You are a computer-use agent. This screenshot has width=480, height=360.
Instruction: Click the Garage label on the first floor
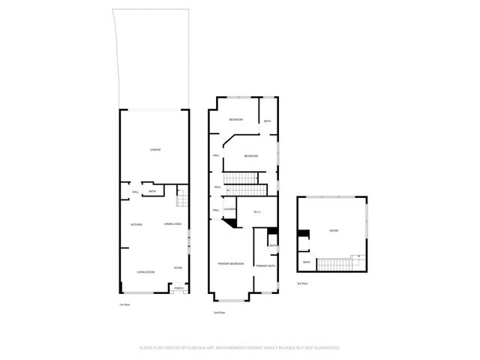point(155,150)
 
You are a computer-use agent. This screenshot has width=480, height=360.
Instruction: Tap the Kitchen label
point(136,225)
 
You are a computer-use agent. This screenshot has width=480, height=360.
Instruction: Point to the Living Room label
point(145,271)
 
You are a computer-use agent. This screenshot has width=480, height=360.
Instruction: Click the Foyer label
point(178,268)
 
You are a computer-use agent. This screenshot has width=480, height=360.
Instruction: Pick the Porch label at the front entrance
point(178,288)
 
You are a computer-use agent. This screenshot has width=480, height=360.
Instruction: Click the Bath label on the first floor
point(152,192)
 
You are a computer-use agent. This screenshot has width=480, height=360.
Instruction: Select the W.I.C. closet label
point(256,212)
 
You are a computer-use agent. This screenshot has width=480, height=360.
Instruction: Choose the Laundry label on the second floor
point(230,209)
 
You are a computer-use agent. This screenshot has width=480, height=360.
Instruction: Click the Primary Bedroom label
point(231,264)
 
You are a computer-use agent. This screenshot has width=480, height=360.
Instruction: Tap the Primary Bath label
point(265,266)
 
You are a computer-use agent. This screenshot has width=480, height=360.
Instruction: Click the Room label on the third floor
point(333,231)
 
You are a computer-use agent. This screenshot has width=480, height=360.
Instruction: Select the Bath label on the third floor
point(307,262)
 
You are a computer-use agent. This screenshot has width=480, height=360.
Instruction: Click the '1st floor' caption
point(124,304)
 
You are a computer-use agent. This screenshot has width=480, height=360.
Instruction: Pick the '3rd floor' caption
point(303,283)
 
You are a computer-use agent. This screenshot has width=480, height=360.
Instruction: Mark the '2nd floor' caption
point(220,312)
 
